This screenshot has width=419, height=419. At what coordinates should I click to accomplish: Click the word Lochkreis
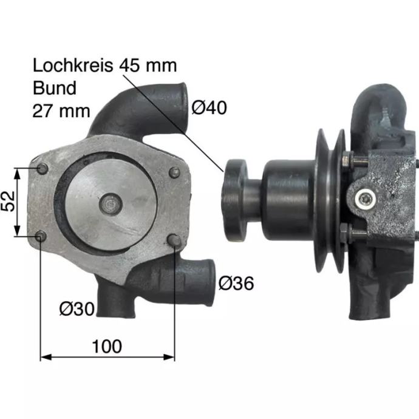[x=73, y=66]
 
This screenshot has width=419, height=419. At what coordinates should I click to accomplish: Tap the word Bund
[x=55, y=88]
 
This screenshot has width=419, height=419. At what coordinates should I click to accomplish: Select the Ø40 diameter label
[x=209, y=107]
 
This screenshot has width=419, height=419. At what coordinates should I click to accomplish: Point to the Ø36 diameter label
[x=236, y=283]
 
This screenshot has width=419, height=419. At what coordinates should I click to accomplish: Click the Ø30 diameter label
[x=77, y=308]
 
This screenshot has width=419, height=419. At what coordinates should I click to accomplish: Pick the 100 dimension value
[x=107, y=346]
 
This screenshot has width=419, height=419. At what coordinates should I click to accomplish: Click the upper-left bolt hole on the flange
[x=43, y=169]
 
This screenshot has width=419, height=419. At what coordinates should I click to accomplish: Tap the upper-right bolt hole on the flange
[x=174, y=172]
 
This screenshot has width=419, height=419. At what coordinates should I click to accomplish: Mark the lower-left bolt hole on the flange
[x=41, y=236]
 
